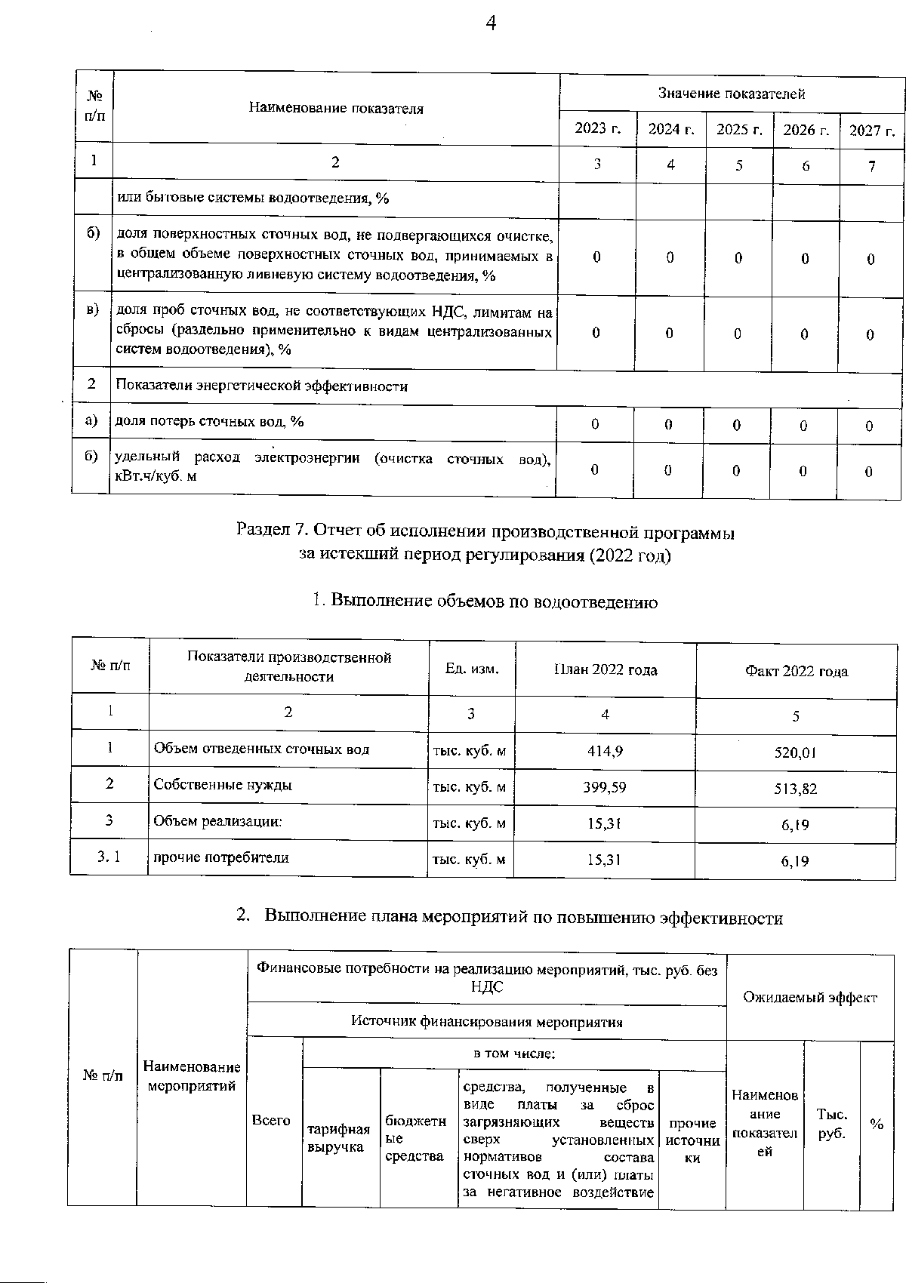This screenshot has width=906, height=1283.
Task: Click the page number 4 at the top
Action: [491, 24]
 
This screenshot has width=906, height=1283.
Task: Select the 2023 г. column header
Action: [597, 128]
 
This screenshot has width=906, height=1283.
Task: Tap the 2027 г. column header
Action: [872, 130]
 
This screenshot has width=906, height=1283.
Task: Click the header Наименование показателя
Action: [336, 108]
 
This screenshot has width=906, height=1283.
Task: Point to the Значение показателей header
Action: [731, 94]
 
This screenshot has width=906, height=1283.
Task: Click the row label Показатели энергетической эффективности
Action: [261, 386]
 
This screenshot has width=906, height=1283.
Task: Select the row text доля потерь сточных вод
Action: [209, 421]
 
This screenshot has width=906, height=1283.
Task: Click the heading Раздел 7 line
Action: [485, 531]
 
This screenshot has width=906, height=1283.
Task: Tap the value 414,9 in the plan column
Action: [605, 751]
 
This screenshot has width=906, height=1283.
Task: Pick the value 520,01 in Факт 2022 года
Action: [795, 752]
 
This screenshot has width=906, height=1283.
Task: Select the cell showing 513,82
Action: [795, 789]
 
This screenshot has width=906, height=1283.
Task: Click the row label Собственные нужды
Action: [223, 784]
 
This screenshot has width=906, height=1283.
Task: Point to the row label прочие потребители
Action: [221, 857]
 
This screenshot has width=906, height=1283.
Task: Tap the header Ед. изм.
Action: [472, 669]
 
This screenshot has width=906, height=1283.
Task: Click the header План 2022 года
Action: [605, 669]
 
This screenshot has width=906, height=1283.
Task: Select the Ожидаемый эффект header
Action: [810, 998]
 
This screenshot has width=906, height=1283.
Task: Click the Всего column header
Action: [271, 1121]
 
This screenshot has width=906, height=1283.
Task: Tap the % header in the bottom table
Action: [877, 1125]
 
